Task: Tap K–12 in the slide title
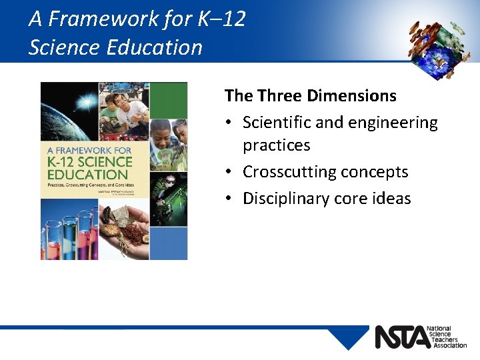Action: (x=222, y=19)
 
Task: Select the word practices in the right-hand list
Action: (x=276, y=145)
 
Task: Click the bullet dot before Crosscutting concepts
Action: (x=229, y=172)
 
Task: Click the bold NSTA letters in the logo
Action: (x=401, y=337)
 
